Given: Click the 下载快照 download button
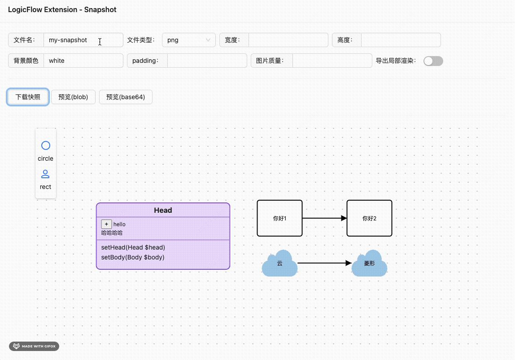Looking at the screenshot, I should (x=28, y=97).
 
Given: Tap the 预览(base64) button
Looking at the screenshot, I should (x=126, y=97).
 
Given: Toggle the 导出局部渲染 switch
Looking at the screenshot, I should (x=433, y=61).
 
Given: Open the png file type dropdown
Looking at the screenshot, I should (x=188, y=40).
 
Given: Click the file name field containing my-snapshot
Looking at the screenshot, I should (x=83, y=40).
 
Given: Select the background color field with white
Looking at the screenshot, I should (x=83, y=61).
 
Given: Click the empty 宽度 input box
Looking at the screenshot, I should (x=288, y=40).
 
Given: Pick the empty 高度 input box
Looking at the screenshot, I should (x=401, y=40).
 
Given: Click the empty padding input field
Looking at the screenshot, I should (x=207, y=61).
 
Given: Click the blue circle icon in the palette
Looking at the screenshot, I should (x=46, y=145).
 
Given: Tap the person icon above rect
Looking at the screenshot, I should (x=46, y=174).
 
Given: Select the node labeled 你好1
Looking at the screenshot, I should (x=279, y=218).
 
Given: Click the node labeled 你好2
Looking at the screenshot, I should (x=369, y=218).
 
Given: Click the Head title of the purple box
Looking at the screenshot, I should (x=163, y=210).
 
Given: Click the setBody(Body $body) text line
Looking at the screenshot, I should (x=133, y=257).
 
